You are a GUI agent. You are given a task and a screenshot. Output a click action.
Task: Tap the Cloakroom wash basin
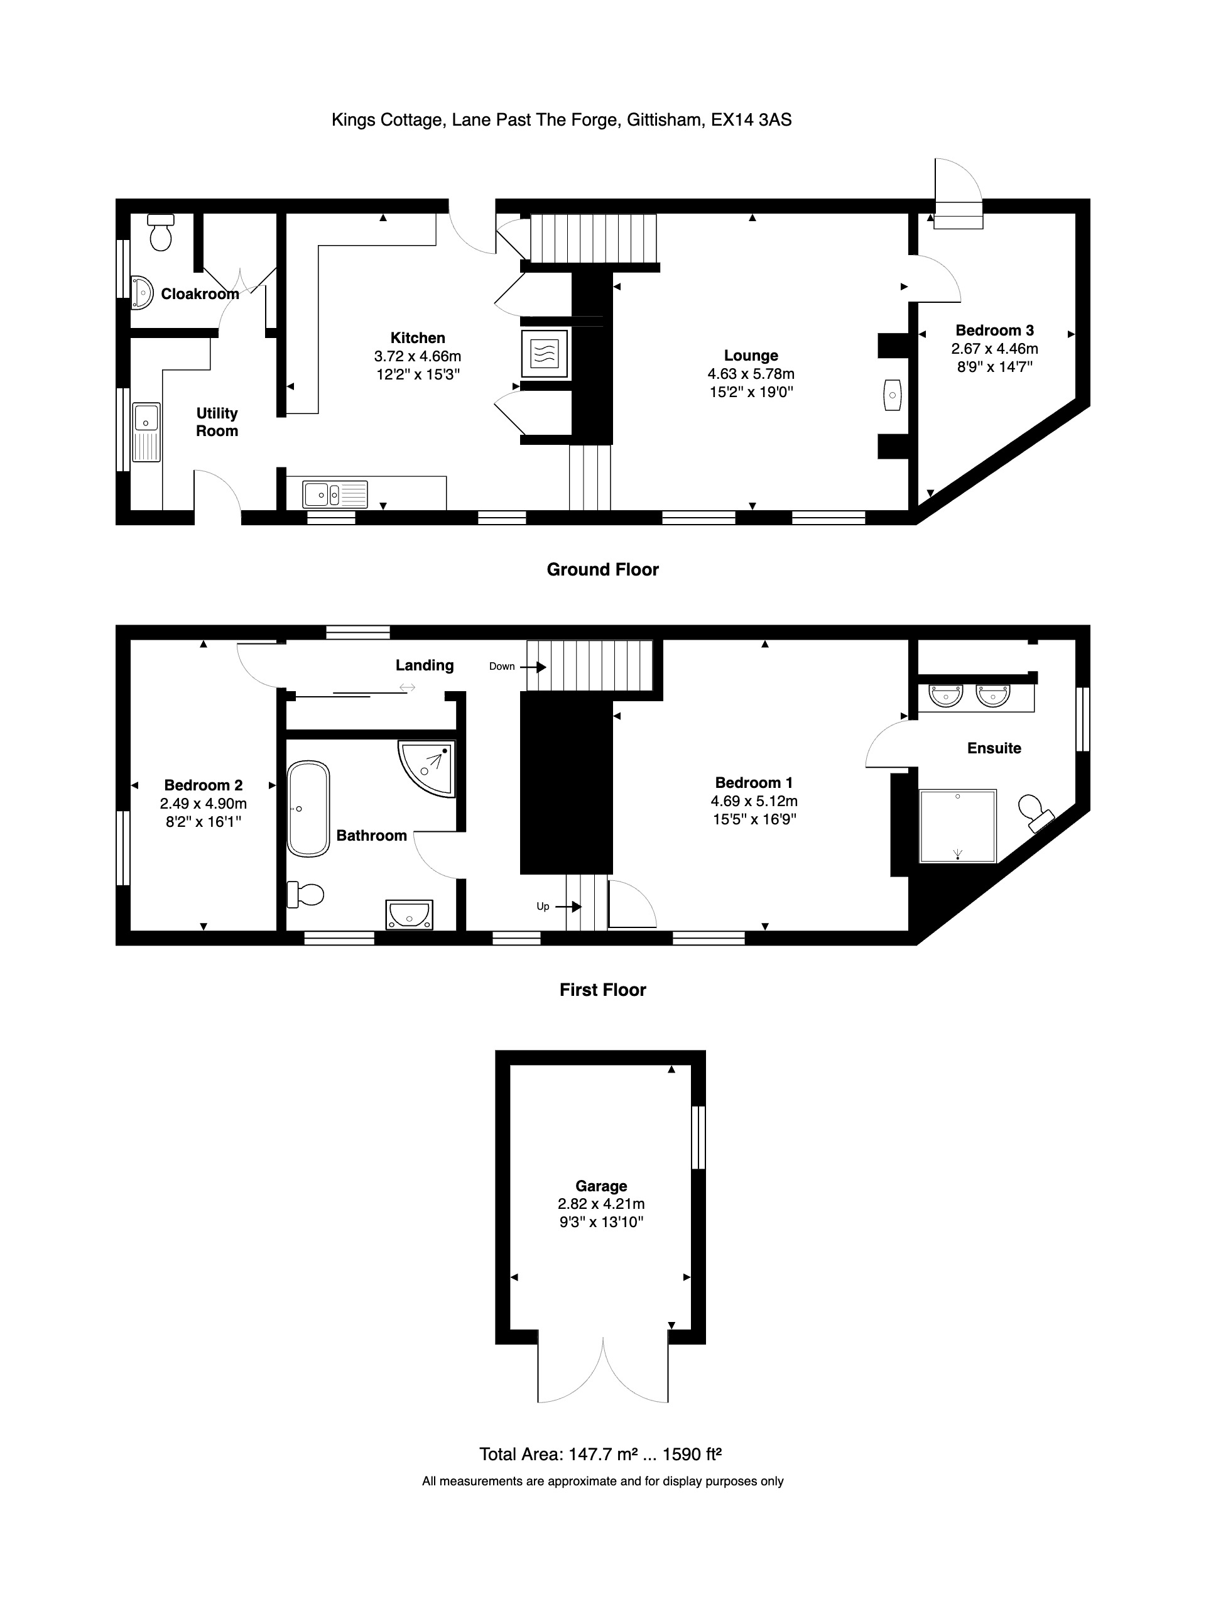click(142, 293)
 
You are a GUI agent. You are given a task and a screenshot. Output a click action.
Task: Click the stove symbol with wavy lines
click(545, 353)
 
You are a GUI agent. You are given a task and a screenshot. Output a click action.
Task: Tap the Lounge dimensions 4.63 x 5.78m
click(751, 374)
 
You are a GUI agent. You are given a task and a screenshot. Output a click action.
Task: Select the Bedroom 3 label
click(995, 330)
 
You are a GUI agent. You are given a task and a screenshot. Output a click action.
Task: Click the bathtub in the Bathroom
click(309, 809)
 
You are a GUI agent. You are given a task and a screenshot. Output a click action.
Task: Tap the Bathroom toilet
click(305, 894)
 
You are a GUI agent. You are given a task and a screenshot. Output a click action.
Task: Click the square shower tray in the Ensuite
click(957, 826)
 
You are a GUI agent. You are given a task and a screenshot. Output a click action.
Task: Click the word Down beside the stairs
click(502, 667)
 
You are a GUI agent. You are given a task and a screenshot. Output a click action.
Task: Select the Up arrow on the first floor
click(568, 907)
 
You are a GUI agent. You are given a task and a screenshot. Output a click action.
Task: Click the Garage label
click(601, 1186)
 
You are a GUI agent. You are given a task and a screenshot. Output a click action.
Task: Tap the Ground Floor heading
click(603, 569)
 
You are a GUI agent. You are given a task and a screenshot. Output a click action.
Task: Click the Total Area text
click(600, 1455)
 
